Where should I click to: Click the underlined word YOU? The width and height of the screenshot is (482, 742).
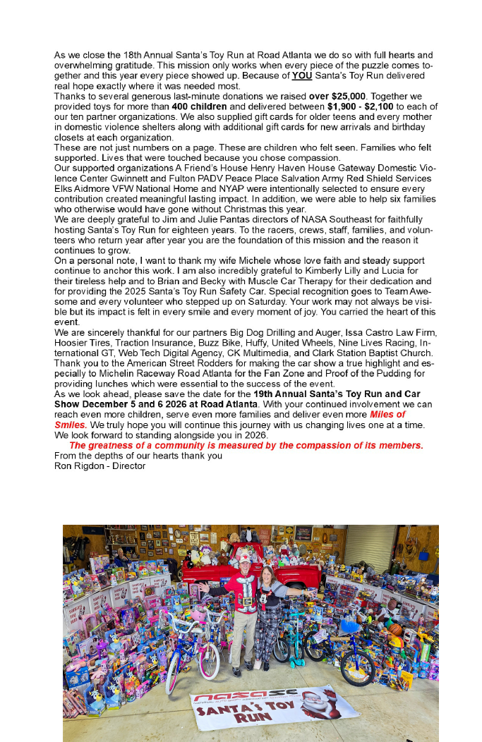301,75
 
